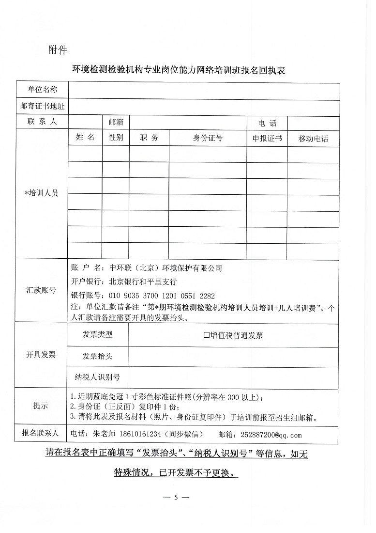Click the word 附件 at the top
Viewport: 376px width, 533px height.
(x=58, y=49)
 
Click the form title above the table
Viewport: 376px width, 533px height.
(x=179, y=70)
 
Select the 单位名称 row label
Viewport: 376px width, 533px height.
(x=42, y=90)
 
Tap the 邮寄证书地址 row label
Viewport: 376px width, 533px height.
(x=42, y=106)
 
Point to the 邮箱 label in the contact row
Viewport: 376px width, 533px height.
(x=116, y=122)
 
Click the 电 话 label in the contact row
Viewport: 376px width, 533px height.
(x=267, y=123)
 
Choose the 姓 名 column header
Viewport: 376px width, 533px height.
(x=85, y=138)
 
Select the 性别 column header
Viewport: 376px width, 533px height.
(x=116, y=138)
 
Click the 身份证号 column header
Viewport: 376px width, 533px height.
(x=208, y=138)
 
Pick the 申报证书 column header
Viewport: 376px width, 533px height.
(x=267, y=138)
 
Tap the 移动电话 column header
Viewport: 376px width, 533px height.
(x=313, y=139)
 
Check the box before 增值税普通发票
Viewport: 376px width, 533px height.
(x=206, y=335)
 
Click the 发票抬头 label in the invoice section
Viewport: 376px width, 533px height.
(x=97, y=356)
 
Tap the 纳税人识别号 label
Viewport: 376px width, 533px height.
(x=97, y=376)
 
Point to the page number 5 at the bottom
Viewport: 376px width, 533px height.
(x=177, y=497)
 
